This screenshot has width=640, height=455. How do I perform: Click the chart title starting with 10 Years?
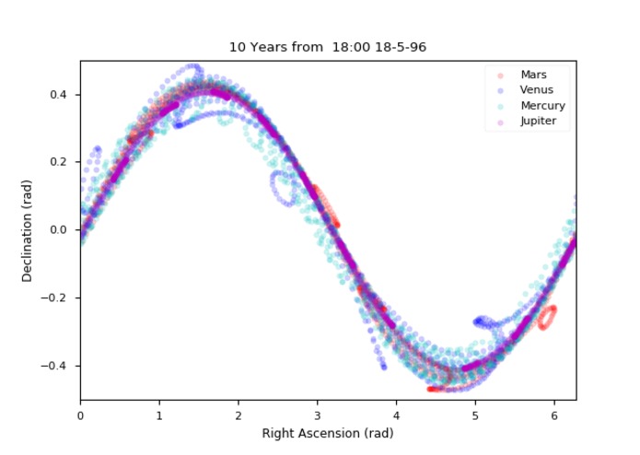coord(328,46)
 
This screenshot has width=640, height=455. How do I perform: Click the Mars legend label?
coord(533,74)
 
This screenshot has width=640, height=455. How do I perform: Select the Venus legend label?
coord(537,89)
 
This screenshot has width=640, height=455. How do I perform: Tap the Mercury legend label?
coord(542,105)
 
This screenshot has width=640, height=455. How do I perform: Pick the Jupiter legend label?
coord(539,121)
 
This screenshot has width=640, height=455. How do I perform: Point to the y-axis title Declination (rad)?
coord(28,230)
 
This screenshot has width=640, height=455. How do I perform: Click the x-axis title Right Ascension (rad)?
coord(328,432)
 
